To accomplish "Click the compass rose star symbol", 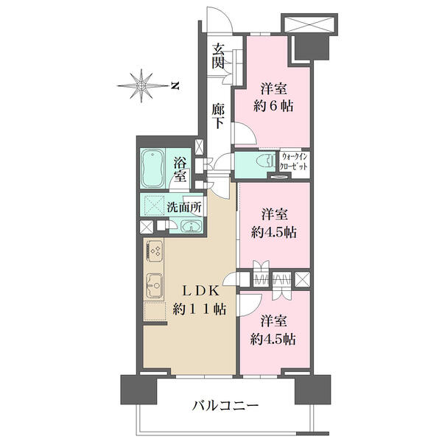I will click(141, 86).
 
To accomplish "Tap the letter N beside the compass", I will click(175, 86).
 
